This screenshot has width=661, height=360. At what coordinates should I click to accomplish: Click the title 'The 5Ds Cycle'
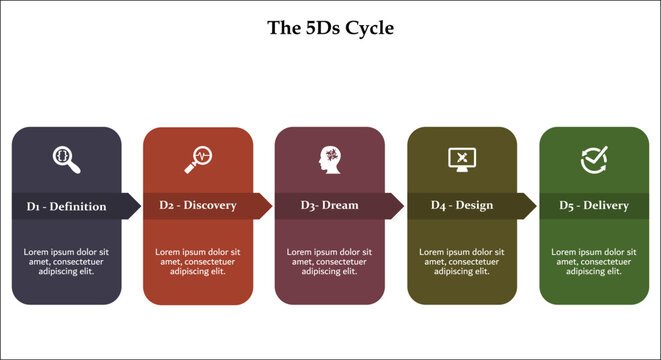click(330, 27)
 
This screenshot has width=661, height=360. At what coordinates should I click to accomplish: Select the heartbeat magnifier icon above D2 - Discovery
click(197, 157)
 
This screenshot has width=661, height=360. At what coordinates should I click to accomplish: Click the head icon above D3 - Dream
click(329, 158)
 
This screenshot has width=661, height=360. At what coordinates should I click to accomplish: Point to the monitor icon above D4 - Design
click(461, 158)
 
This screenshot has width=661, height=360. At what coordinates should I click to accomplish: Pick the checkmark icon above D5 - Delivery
click(594, 158)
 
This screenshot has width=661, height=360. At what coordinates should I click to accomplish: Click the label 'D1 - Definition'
click(66, 206)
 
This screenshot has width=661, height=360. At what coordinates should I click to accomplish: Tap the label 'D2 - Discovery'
click(198, 206)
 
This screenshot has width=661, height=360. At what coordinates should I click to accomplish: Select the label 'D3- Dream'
click(329, 206)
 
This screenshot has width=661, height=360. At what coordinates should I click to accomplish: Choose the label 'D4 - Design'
click(461, 206)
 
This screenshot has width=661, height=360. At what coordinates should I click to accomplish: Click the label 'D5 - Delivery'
click(594, 206)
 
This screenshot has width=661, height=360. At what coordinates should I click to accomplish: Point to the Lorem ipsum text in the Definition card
click(66, 261)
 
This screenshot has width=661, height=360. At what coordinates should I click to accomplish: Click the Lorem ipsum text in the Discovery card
click(198, 261)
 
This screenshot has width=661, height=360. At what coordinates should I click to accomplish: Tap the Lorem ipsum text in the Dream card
click(329, 261)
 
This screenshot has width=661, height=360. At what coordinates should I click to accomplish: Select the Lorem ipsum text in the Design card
click(461, 261)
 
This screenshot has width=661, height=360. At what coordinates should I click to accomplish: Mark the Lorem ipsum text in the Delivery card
click(594, 261)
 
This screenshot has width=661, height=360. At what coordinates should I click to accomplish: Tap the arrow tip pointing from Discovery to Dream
click(268, 206)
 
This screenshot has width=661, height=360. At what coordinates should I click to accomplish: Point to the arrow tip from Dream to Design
click(400, 206)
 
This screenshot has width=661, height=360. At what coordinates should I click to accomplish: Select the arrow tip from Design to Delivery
click(532, 206)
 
